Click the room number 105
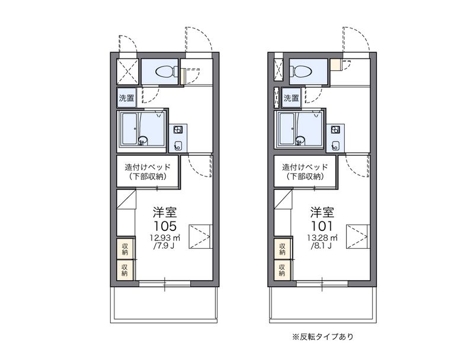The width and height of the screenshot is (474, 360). point(165,226)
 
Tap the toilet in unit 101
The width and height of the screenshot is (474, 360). point(302,72)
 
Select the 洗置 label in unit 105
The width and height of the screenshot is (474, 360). point(126,98)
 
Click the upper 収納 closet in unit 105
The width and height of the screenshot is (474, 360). point(125,249)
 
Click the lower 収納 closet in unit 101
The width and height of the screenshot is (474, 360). point(282,270)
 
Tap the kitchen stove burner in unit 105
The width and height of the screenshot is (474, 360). point(177,130)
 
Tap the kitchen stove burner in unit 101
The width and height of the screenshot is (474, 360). point(336,130)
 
